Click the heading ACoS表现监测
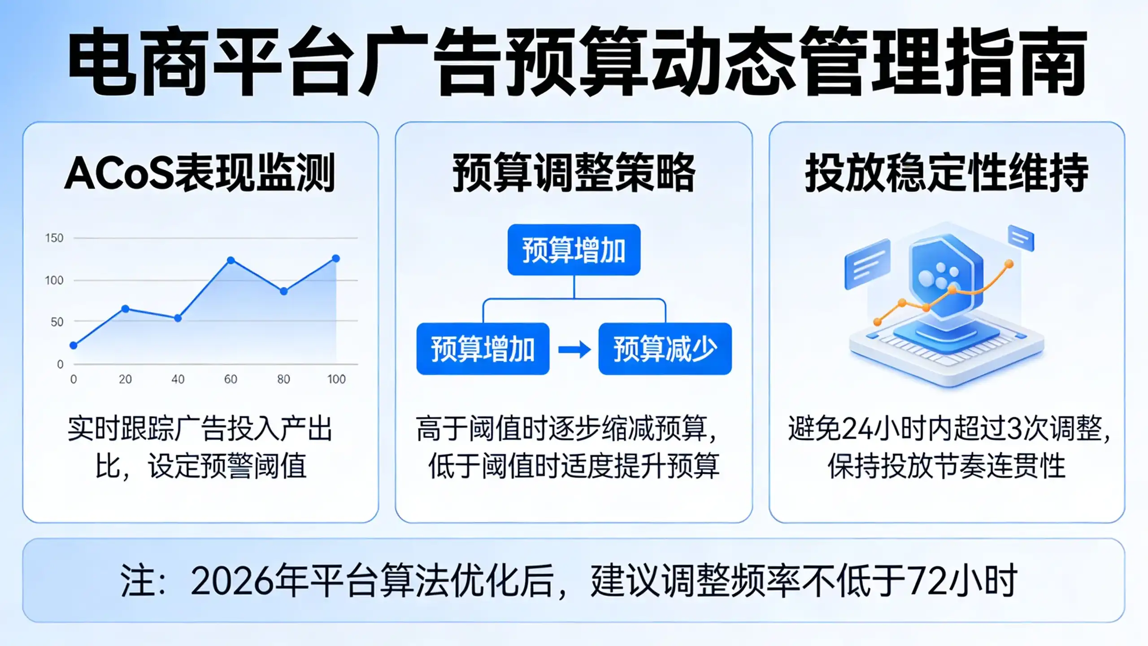point(200,173)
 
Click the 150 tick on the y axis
point(54,238)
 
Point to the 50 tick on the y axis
point(57,322)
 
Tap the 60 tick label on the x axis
point(230,379)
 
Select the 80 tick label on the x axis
point(283,379)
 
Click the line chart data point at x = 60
point(231,260)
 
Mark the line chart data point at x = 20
point(126,309)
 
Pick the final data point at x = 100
point(336,258)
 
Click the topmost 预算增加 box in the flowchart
point(574,250)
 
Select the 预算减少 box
point(665,349)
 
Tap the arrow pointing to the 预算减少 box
point(574,349)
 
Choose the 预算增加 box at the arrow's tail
point(483,349)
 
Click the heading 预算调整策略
point(574,173)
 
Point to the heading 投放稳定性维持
point(947,173)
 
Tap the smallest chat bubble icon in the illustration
point(1021,238)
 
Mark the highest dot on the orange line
point(1009,264)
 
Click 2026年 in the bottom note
point(249,581)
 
